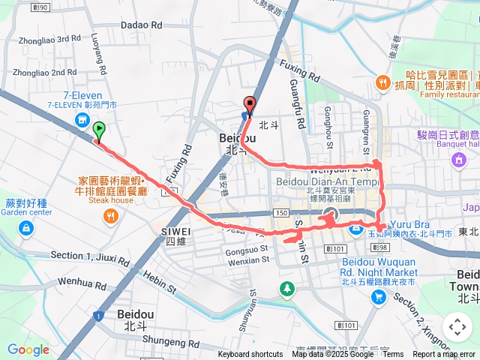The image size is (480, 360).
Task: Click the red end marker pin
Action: [249, 106]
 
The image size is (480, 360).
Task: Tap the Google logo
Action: [28, 349]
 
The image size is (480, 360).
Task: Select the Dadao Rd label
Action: [141, 25]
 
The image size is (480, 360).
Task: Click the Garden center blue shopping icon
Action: [26, 226]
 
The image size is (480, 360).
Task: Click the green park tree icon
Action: [286, 288]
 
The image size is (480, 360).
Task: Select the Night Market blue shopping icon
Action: [378, 297]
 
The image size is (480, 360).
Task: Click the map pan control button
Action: [457, 328]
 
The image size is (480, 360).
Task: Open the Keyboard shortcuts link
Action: [250, 354]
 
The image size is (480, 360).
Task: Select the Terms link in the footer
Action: [392, 354]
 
